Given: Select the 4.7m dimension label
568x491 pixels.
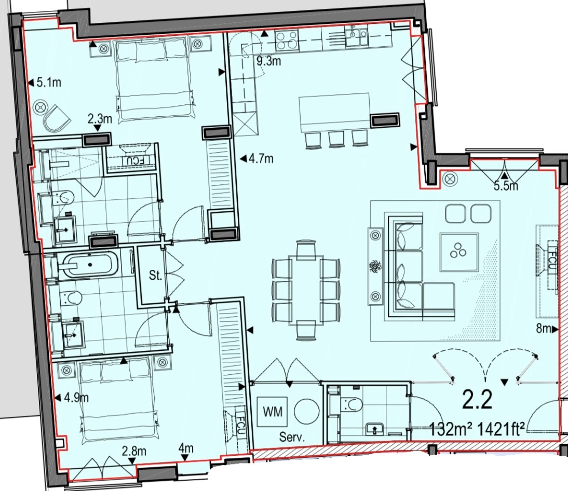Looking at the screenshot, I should tap(261, 159).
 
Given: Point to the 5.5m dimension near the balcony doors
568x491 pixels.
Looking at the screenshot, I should tap(505, 186).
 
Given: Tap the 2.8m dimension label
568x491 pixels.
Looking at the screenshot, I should tap(133, 451).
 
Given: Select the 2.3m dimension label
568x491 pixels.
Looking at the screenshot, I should tap(100, 119).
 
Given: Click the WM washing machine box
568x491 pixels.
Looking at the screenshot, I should tap(273, 413).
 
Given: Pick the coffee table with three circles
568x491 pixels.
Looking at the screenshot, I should tap(458, 252).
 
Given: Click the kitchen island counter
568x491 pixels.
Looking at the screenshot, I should tap(334, 112).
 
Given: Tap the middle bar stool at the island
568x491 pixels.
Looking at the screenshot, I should tap(336, 140).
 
